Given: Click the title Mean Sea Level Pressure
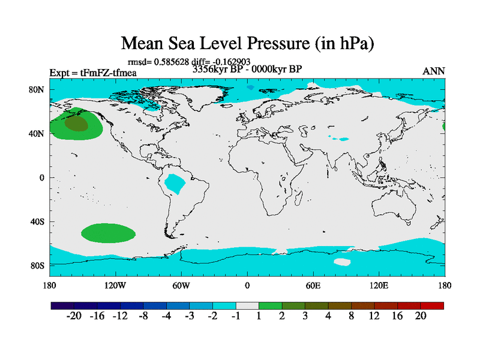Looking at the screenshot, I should point(239,44).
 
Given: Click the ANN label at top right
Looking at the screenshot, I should point(434,71).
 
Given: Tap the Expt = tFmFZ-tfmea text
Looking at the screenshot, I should point(93,73).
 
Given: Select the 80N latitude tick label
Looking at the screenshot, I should point(38,89).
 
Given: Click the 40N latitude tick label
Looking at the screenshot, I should point(38,133).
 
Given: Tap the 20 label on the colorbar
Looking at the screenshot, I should point(421,317).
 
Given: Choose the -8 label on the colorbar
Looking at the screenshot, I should point(143,317).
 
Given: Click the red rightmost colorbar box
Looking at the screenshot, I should point(432,305).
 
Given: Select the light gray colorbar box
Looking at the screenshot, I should point(247,305).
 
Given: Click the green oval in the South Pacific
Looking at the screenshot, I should point(109,232).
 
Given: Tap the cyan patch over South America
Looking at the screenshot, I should point(176,184).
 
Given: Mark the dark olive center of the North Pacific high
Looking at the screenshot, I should point(76,124).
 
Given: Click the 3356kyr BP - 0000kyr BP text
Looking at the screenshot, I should point(247,69).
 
